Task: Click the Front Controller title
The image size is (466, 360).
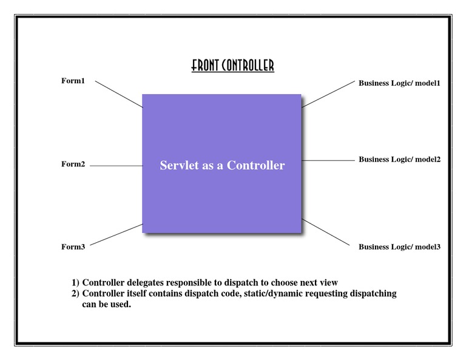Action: click(232, 66)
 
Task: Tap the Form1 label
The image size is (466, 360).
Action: click(73, 81)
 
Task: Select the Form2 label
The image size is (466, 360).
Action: click(73, 164)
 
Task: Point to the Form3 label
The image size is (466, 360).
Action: click(73, 246)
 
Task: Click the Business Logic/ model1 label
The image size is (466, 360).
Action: click(399, 83)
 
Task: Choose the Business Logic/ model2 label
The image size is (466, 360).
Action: click(399, 159)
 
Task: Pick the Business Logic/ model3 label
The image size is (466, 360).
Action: click(399, 246)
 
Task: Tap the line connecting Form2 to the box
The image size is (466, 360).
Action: click(116, 165)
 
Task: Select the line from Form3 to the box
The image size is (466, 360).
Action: click(116, 234)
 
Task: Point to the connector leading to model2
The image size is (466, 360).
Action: click(328, 160)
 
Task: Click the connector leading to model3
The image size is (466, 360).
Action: click(326, 233)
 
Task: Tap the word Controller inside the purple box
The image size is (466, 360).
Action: click(255, 165)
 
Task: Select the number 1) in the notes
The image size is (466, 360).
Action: click(76, 282)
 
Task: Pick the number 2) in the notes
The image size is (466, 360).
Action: click(76, 293)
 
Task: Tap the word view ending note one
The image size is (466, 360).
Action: click(328, 282)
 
